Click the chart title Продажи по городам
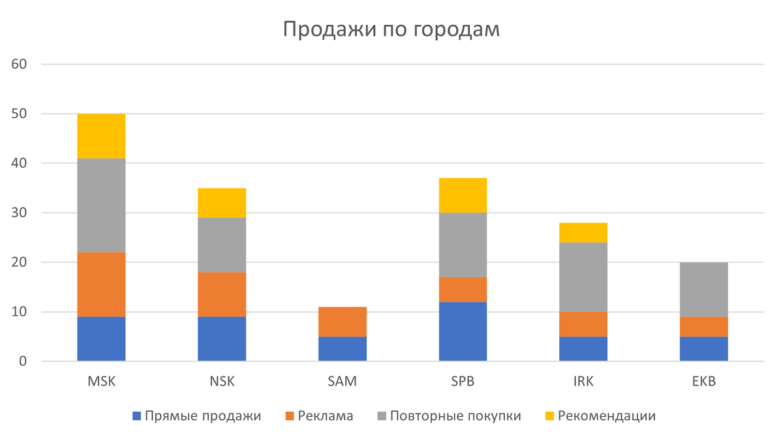tap(391, 30)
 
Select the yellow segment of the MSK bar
tap(101, 136)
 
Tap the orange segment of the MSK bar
tap(101, 285)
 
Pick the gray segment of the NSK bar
tap(222, 245)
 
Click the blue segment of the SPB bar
tap(463, 331)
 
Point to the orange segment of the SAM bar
tap(343, 322)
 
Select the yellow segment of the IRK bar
tap(583, 233)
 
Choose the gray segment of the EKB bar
tap(703, 290)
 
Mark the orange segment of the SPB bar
tap(463, 290)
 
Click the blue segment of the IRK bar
tap(583, 348)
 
